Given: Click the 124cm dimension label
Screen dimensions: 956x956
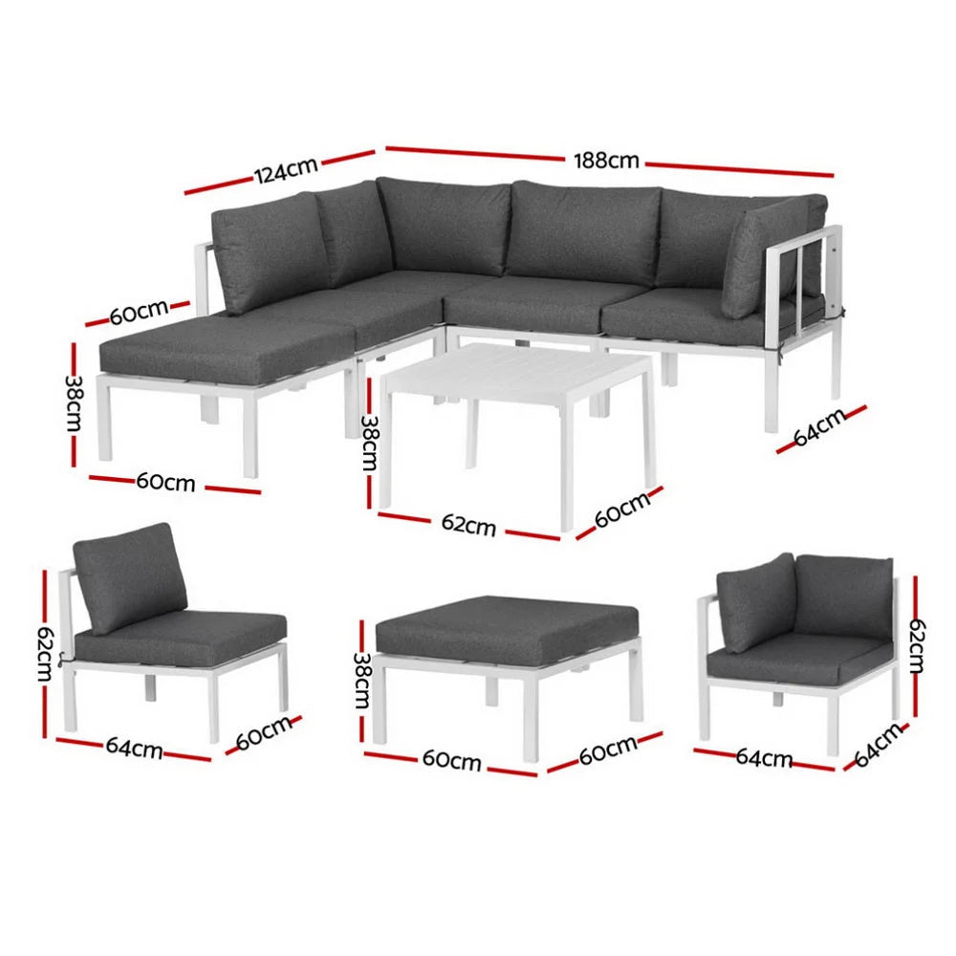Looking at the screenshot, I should point(285,172).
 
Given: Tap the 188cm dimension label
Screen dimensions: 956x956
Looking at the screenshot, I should point(606,160).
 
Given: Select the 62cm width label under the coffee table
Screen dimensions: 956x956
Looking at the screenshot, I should point(468,525).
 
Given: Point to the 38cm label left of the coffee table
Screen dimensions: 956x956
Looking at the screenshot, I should point(367,442).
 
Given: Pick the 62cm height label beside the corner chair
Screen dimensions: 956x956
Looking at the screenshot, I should point(915,642).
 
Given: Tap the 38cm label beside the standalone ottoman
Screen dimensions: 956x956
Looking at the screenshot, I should point(361,682).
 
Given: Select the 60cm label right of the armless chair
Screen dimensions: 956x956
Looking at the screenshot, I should point(263,732).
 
